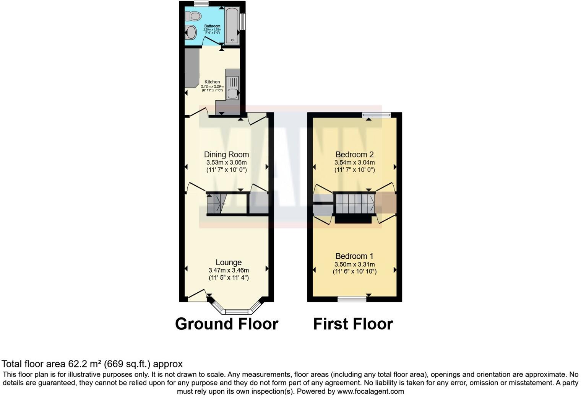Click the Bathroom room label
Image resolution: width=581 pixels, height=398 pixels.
[212, 26]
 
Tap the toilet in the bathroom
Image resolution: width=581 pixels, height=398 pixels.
[193, 16]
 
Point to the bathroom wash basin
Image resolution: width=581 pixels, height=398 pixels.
[191, 33]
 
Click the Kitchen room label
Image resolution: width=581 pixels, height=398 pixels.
[212, 82]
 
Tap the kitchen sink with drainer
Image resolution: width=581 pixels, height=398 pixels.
[232, 88]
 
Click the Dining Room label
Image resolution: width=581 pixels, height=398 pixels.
[226, 155]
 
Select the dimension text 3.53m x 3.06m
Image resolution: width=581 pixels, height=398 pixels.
[226, 162]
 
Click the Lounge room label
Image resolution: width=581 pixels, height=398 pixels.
[229, 262]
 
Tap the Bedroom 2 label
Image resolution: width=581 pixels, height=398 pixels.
[354, 155]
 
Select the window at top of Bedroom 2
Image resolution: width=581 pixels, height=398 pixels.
[377, 114]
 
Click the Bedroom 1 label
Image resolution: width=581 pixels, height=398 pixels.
[354, 256]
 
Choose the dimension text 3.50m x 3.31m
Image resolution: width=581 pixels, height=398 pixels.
[354, 264]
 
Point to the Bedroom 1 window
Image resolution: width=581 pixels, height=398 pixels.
[352, 299]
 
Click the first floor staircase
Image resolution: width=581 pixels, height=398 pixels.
[355, 204]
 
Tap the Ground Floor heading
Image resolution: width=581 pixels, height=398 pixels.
[227, 324]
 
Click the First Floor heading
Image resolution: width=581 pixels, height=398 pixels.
[353, 324]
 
